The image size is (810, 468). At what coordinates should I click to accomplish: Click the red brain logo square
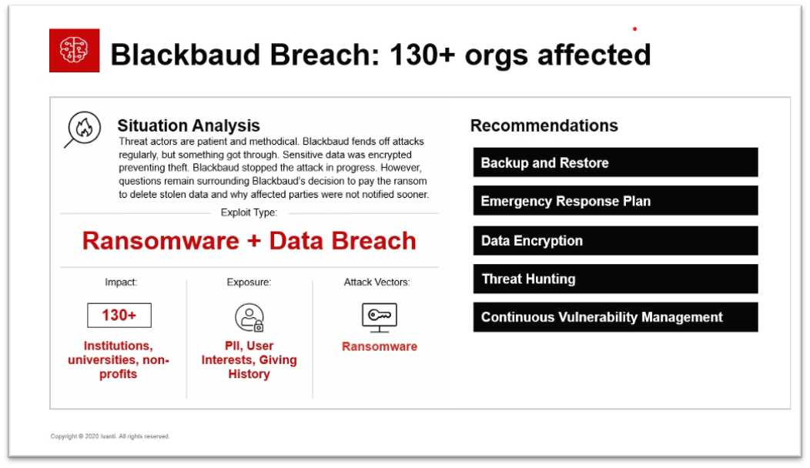pos(75,50)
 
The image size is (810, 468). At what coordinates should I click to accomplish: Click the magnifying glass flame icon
pos(82,129)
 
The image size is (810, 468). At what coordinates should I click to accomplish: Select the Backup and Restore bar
pos(615,162)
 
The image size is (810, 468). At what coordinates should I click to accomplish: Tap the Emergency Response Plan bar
pos(615,200)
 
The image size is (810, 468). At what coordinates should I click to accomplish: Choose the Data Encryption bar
pos(615,240)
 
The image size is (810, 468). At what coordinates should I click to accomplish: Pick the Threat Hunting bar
pos(615,279)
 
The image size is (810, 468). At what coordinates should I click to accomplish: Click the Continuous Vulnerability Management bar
pos(615,317)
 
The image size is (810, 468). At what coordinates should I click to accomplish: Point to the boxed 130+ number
pos(119,315)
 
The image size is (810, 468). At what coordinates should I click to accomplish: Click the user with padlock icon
pos(249,317)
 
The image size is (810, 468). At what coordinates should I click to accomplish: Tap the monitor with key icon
pos(379,317)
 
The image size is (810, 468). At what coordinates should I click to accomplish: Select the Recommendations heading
pos(544,125)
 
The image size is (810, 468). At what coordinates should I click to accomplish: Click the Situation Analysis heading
pos(189,125)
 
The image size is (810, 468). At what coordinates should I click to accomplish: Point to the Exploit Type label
pos(249,212)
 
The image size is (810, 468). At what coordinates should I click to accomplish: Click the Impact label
pos(121,282)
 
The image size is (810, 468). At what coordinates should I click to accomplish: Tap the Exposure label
pos(249,282)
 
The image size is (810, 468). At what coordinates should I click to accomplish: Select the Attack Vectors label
pos(377,282)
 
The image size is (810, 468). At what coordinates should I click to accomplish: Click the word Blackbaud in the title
pos(186,54)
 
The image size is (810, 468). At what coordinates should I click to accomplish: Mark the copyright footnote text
pos(110,436)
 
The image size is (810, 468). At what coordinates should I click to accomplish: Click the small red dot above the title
pos(635,29)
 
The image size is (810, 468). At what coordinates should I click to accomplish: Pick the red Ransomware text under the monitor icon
pos(380,346)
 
